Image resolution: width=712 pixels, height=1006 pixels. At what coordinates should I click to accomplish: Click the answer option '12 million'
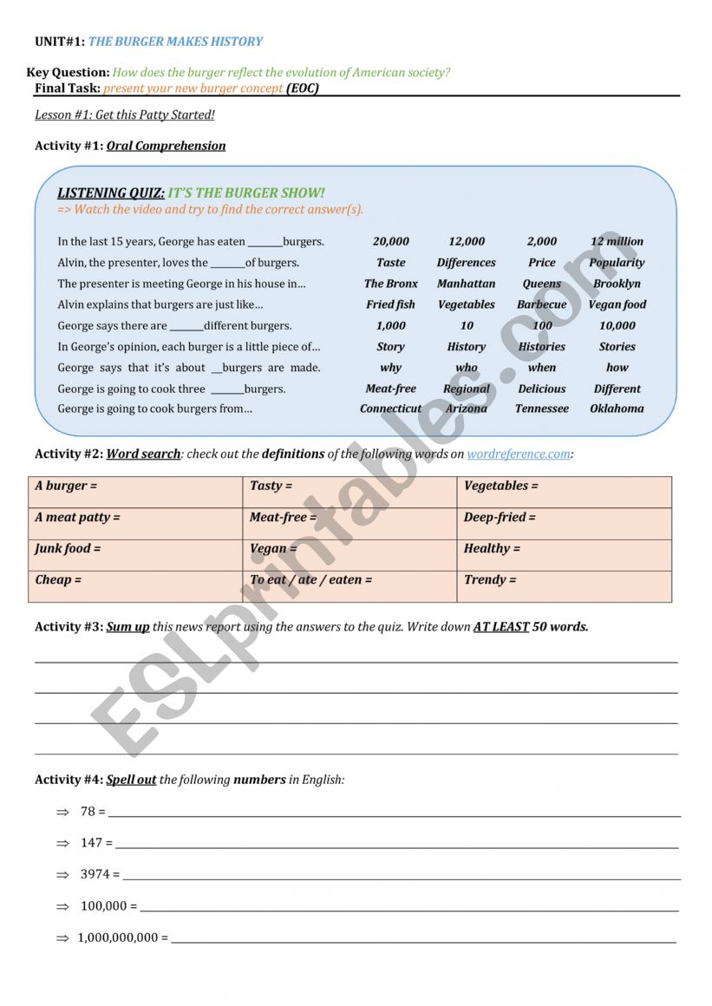(617, 241)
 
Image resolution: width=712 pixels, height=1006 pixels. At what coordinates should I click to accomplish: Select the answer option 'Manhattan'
(466, 284)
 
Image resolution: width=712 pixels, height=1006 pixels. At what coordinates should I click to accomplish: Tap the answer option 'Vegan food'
(617, 304)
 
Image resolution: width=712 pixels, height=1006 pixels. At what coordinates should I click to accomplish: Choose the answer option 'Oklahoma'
(617, 408)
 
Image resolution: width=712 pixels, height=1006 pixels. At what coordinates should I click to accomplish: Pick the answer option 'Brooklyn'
(617, 284)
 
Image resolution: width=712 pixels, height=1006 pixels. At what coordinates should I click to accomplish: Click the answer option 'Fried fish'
(390, 304)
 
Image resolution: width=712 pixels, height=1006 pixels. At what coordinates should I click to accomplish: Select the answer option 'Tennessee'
(542, 408)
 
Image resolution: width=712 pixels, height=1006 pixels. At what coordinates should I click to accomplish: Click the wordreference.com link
(519, 454)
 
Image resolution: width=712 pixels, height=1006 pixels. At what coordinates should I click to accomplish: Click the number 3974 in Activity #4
(95, 874)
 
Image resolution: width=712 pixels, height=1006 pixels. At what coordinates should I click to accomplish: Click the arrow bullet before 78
(62, 812)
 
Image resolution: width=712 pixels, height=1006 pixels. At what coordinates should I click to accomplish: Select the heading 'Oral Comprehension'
(166, 146)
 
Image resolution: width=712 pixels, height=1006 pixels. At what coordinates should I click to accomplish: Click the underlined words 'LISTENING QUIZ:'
(111, 193)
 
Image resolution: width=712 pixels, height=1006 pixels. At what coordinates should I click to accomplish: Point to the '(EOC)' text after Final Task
(303, 88)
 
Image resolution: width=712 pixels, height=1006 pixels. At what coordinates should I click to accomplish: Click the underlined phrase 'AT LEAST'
(500, 626)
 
